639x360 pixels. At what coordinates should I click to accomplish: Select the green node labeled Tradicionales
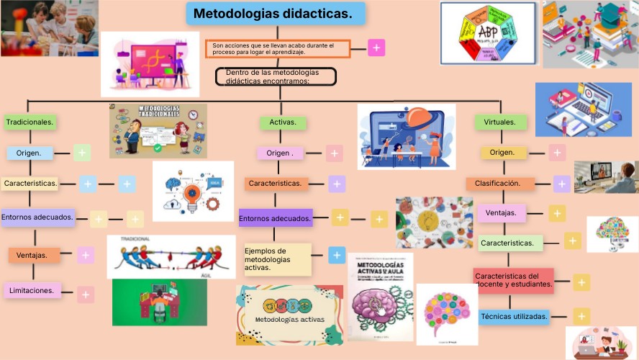click(x=30, y=122)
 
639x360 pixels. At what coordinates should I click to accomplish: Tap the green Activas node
click(x=283, y=122)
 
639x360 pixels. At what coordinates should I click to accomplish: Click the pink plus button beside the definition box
click(x=376, y=48)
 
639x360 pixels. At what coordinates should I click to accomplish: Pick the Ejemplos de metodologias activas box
click(x=277, y=259)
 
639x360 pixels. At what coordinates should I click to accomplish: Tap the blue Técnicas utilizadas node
click(x=514, y=316)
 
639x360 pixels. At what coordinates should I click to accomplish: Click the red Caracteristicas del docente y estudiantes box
click(x=514, y=279)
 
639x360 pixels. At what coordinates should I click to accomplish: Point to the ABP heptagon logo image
click(x=488, y=34)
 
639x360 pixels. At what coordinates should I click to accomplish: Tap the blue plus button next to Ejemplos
click(x=336, y=254)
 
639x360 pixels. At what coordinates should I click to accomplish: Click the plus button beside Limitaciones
click(x=86, y=294)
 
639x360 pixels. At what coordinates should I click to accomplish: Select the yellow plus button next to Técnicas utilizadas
click(x=581, y=315)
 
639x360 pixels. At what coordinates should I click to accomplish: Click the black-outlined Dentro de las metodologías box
click(x=276, y=76)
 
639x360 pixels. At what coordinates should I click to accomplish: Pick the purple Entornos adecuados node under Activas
click(x=276, y=217)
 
